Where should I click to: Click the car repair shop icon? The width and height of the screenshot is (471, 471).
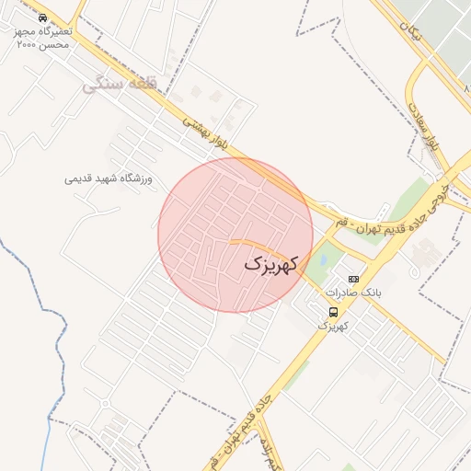click(42, 17)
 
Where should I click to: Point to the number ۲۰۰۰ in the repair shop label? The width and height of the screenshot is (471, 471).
click(30, 44)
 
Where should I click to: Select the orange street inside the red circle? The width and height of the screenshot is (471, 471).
click(248, 244)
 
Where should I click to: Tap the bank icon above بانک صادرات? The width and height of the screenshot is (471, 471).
click(353, 278)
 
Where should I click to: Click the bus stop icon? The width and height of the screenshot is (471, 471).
click(333, 312)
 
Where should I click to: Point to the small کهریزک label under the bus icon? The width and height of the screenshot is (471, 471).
click(333, 326)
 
